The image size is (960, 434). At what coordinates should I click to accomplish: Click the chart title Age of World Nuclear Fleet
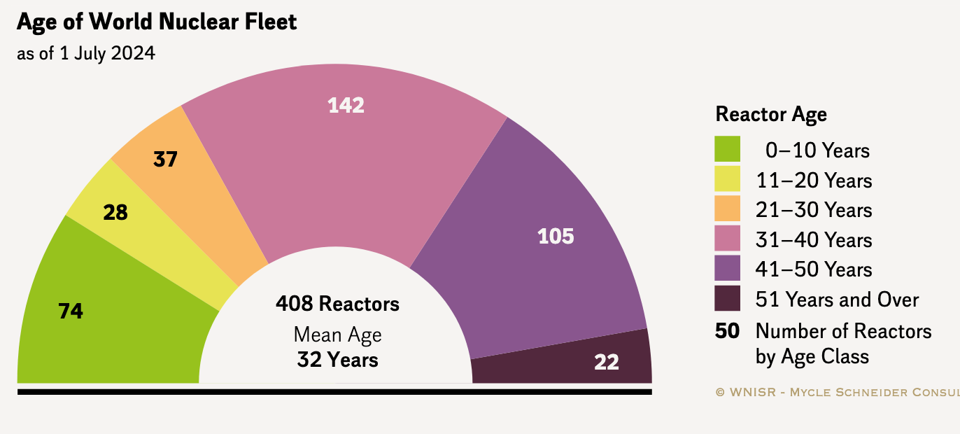[x=157, y=22]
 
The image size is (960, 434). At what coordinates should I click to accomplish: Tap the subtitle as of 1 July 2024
[x=86, y=53]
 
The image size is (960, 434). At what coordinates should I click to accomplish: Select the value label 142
[x=346, y=105]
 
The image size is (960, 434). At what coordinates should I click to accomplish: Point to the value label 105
[x=556, y=237]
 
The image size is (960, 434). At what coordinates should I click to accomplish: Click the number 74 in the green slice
[x=71, y=311]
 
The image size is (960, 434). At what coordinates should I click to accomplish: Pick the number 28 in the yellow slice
[x=115, y=212]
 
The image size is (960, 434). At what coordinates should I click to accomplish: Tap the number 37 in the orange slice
[x=166, y=160]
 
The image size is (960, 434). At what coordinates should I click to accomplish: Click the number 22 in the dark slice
[x=607, y=362]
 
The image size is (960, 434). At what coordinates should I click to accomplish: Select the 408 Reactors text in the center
[x=337, y=304]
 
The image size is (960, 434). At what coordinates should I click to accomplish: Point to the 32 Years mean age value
[x=337, y=360]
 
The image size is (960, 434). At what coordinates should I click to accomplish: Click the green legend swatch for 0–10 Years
[x=728, y=150]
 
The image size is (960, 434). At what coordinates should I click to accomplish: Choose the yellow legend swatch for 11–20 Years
[x=728, y=180]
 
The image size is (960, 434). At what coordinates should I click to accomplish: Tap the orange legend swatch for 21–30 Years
[x=728, y=210]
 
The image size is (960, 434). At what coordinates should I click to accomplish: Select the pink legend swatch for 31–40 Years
[x=728, y=239]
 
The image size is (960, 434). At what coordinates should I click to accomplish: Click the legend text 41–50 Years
[x=814, y=269]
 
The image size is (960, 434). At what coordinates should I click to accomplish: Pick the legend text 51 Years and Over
[x=837, y=300]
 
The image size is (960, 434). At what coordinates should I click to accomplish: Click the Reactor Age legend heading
[x=771, y=114]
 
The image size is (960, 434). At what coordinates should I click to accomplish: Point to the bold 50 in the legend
[x=728, y=330]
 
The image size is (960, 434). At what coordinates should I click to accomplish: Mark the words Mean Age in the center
[x=337, y=335]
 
